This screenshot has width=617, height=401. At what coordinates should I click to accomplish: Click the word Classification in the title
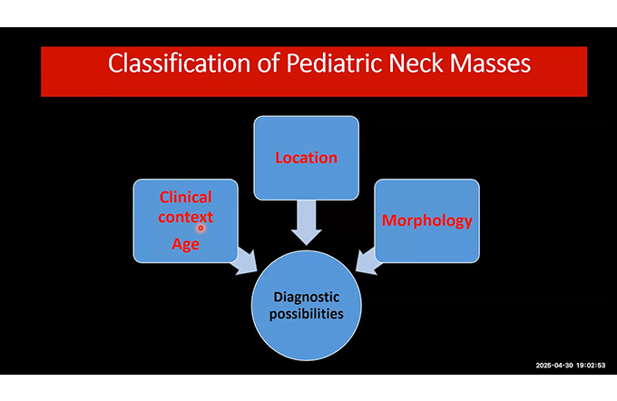click(179, 63)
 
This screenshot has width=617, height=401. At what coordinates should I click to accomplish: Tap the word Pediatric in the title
click(335, 63)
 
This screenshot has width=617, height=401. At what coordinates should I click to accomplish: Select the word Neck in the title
click(416, 63)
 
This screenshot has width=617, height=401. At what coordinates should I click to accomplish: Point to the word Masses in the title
click(490, 63)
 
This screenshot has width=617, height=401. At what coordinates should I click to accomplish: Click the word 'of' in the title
click(269, 63)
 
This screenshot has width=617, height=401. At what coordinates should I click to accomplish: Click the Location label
click(306, 158)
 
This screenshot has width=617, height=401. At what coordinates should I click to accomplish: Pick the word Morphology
click(427, 220)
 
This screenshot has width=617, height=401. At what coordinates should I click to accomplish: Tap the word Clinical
click(185, 197)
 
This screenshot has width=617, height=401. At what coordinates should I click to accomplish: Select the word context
click(186, 217)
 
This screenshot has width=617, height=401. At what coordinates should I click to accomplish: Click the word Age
click(185, 244)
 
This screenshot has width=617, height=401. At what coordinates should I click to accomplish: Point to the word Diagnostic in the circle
click(306, 297)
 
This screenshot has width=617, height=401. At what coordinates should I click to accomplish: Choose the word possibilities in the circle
click(306, 314)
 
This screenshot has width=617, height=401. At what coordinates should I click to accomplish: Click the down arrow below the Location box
click(306, 222)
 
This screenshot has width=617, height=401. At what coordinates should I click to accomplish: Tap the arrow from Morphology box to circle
click(367, 261)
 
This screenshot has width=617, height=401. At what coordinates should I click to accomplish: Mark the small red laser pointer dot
click(201, 228)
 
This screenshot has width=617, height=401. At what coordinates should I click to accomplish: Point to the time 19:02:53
click(591, 366)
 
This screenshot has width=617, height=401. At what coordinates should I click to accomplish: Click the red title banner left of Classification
click(74, 72)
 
